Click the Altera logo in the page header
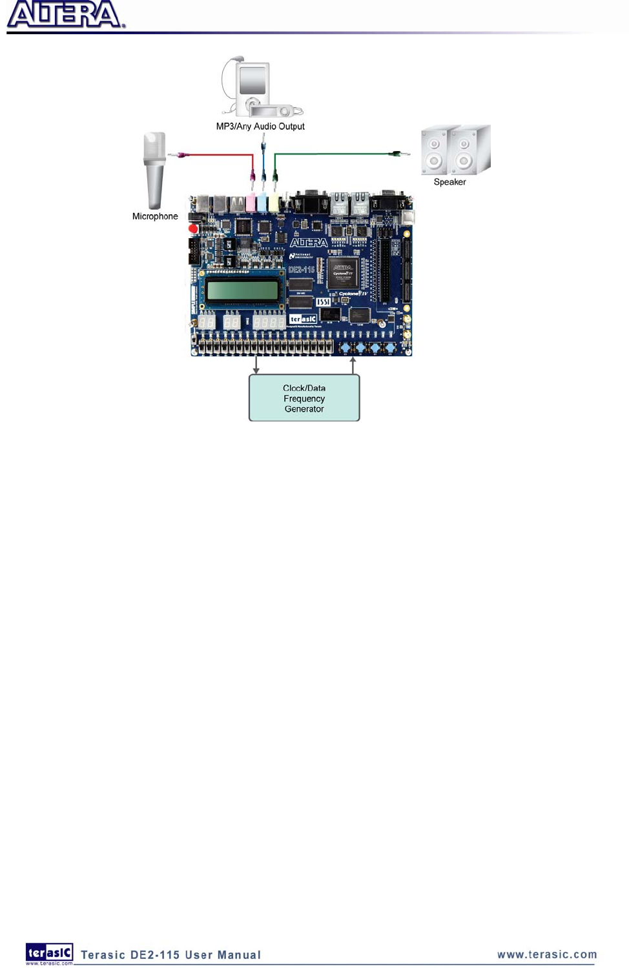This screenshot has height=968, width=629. coord(65,15)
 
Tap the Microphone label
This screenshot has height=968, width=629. coord(155,216)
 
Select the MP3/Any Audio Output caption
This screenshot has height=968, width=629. coord(260,126)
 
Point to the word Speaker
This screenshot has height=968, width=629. coord(449,182)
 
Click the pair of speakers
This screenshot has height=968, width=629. coord(455,150)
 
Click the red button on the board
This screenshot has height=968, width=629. coord(193,228)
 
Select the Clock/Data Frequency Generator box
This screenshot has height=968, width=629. coord(304,398)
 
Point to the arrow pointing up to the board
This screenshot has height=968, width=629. coord(353,365)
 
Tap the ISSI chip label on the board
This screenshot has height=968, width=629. coord(323,301)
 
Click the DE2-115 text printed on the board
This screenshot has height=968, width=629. coord(301,269)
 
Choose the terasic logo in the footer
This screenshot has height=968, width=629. coord(49,953)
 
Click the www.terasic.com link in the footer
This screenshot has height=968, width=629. coord(547,954)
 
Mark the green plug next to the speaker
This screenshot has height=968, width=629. coord(398,154)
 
